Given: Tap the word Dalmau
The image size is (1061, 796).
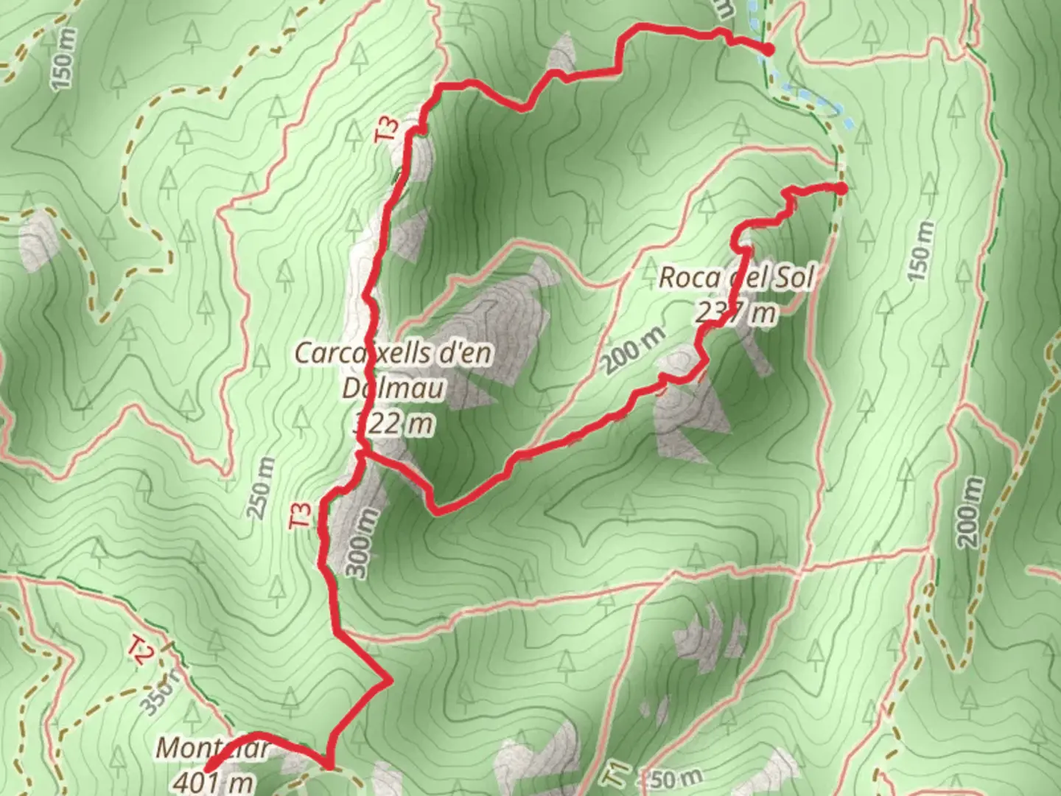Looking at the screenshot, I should [393, 388].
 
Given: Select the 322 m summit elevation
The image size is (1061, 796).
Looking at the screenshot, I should [396, 424].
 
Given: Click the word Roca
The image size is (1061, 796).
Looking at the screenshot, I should [690, 278].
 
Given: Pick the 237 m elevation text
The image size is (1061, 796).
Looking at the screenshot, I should [735, 313].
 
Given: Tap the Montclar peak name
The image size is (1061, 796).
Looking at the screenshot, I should [212, 749].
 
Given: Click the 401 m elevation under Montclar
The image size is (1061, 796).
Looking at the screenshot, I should [214, 781].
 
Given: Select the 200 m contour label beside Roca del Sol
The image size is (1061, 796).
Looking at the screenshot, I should [633, 349].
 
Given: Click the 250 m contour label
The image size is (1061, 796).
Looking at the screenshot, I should [262, 488].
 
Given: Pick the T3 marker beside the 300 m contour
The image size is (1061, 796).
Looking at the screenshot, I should [301, 514].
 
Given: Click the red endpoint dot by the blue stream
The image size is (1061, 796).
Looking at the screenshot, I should [767, 50].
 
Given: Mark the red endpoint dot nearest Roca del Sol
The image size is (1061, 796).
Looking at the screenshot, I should [841, 188].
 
